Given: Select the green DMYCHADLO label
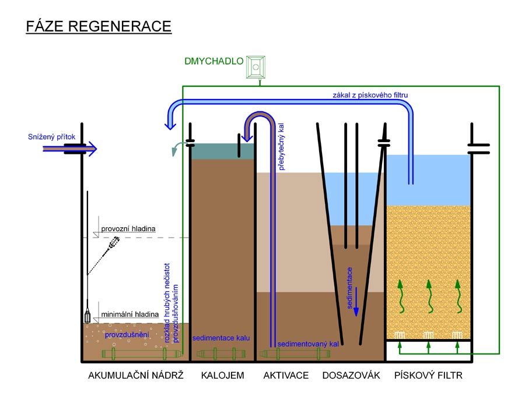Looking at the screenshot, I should [x=213, y=60].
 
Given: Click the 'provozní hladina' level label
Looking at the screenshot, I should [x=128, y=229].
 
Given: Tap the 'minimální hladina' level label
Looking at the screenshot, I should [x=129, y=315].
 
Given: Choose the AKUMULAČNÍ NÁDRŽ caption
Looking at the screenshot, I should [x=136, y=376].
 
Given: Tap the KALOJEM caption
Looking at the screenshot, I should [x=222, y=376].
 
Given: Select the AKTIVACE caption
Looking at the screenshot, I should [x=286, y=376].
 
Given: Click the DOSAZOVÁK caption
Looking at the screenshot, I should [x=351, y=376].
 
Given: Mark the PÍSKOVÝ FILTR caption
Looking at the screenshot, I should [x=428, y=376].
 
